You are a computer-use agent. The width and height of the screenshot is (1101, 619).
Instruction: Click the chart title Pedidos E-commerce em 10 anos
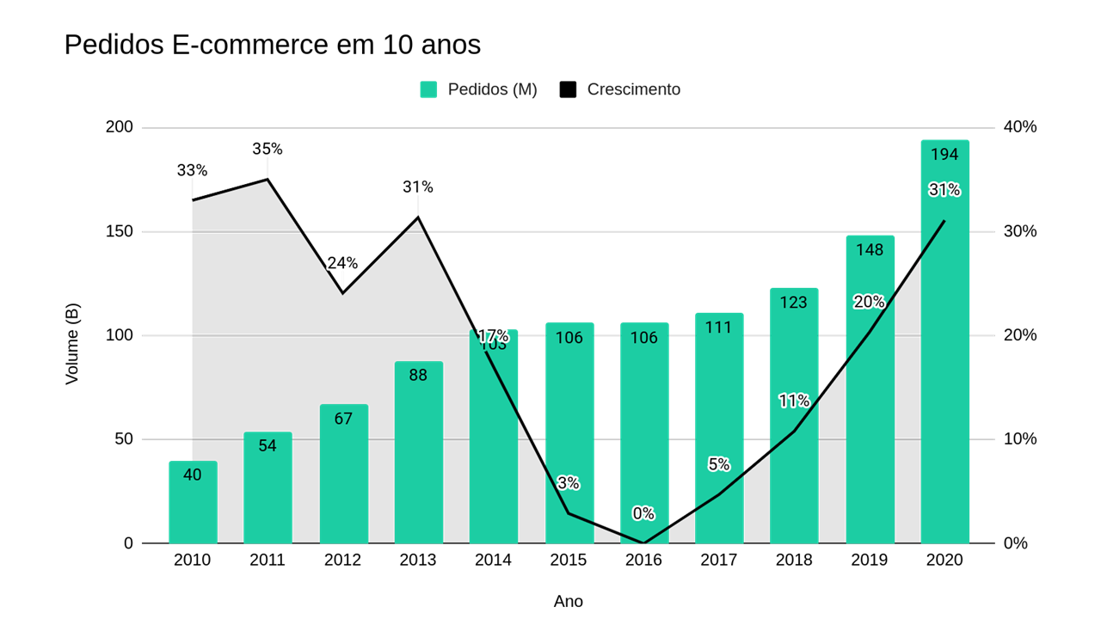(272, 45)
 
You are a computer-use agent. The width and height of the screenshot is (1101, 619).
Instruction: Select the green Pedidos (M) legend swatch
(428, 89)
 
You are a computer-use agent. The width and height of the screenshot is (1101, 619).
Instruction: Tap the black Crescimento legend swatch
(568, 89)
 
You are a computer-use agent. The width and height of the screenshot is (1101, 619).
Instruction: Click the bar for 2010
(193, 507)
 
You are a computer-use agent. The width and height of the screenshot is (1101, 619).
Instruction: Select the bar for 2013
(418, 456)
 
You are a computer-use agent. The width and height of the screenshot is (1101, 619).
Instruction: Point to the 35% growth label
(268, 149)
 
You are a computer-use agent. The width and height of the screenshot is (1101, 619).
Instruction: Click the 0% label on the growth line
(643, 513)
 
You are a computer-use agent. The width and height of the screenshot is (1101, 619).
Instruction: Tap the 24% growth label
(342, 263)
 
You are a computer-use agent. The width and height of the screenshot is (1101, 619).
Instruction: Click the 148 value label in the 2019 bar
(870, 250)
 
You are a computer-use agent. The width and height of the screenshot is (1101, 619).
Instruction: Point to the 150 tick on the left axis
(120, 231)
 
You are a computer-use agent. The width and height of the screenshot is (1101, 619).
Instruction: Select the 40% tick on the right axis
(1020, 127)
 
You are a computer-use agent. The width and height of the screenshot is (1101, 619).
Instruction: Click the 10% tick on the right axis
(1020, 439)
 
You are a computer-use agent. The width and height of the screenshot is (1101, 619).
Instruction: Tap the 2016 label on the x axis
(643, 561)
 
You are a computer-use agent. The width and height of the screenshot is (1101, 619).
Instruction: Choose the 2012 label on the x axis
(342, 561)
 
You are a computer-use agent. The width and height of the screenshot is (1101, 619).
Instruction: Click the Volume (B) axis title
(72, 344)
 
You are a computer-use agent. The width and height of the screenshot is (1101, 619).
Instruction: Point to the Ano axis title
(568, 602)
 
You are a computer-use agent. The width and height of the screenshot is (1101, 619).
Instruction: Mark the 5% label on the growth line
(719, 464)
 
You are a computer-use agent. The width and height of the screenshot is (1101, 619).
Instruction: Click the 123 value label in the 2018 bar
(794, 303)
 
